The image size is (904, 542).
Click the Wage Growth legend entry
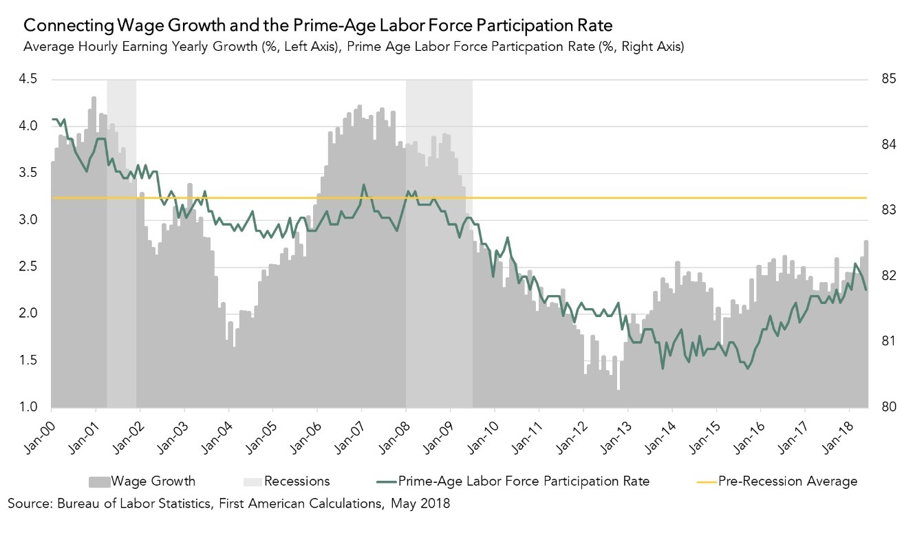[153, 481]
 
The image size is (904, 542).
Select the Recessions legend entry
[297, 481]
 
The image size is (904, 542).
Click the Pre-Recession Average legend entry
[788, 481]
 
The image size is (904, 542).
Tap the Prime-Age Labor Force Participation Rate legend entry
[524, 481]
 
